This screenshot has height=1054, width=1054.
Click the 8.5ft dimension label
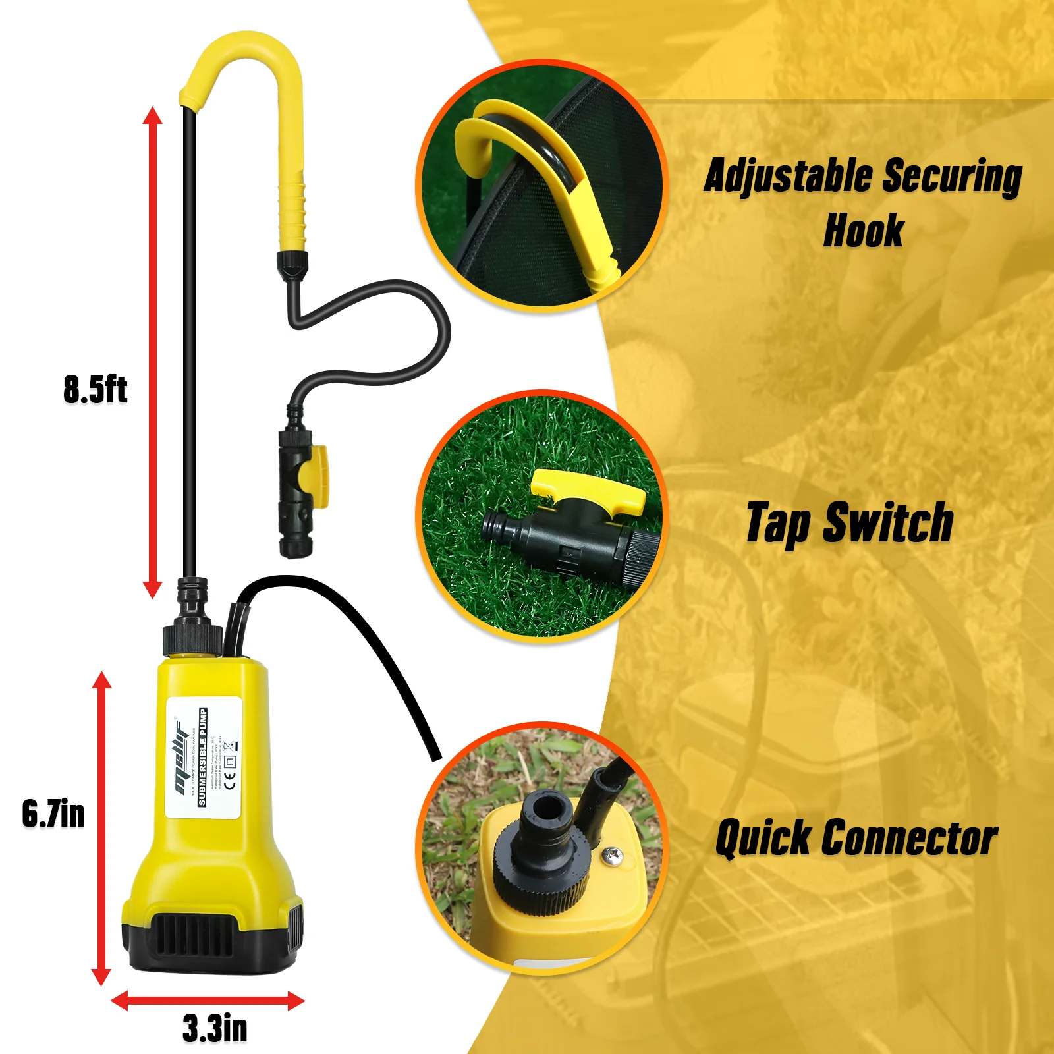(x=95, y=389)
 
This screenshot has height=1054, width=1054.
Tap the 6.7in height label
(x=53, y=814)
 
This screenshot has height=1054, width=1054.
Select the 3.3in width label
(x=215, y=1028)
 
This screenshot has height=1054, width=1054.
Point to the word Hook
(x=864, y=231)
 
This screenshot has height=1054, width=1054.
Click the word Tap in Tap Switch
(x=778, y=523)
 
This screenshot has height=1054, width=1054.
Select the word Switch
(x=889, y=523)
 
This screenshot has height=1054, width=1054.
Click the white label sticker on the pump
(x=204, y=758)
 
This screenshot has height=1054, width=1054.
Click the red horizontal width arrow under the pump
(x=208, y=1001)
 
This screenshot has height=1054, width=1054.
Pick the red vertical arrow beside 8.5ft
(x=153, y=352)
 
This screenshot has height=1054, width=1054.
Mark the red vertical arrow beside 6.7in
(x=101, y=827)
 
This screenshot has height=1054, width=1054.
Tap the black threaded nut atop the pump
(x=192, y=638)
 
